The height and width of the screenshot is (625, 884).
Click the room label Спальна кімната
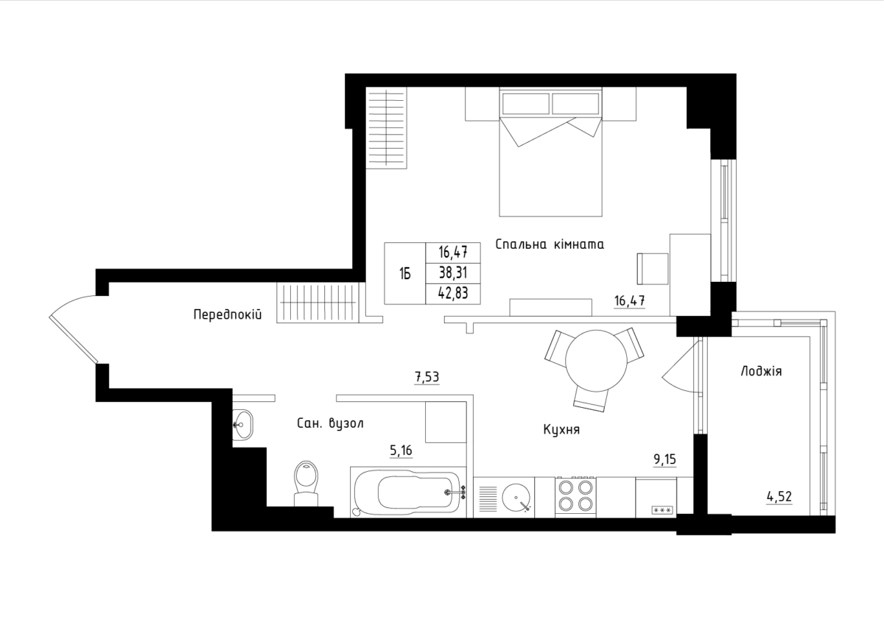(550, 244)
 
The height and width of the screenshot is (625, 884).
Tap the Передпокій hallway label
(228, 314)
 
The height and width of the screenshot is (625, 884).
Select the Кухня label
(561, 429)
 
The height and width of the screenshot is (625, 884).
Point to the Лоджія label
(761, 371)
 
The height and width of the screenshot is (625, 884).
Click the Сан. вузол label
(330, 423)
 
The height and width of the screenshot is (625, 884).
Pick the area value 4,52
(779, 496)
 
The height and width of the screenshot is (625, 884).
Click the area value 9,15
(665, 459)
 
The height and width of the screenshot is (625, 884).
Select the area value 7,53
(427, 377)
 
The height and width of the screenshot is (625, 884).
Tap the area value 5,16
(401, 450)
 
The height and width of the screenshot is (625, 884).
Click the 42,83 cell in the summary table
(453, 294)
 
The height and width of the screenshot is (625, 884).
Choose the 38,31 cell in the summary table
(453, 272)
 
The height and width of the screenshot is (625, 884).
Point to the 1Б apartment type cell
(405, 273)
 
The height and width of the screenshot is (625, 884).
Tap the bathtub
(408, 492)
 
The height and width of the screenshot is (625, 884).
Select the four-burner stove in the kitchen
(575, 497)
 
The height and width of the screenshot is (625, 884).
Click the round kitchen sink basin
(516, 498)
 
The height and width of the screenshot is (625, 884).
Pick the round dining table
(596, 361)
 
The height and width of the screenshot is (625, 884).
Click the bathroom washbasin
(242, 425)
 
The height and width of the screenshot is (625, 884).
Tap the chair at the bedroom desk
(653, 269)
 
